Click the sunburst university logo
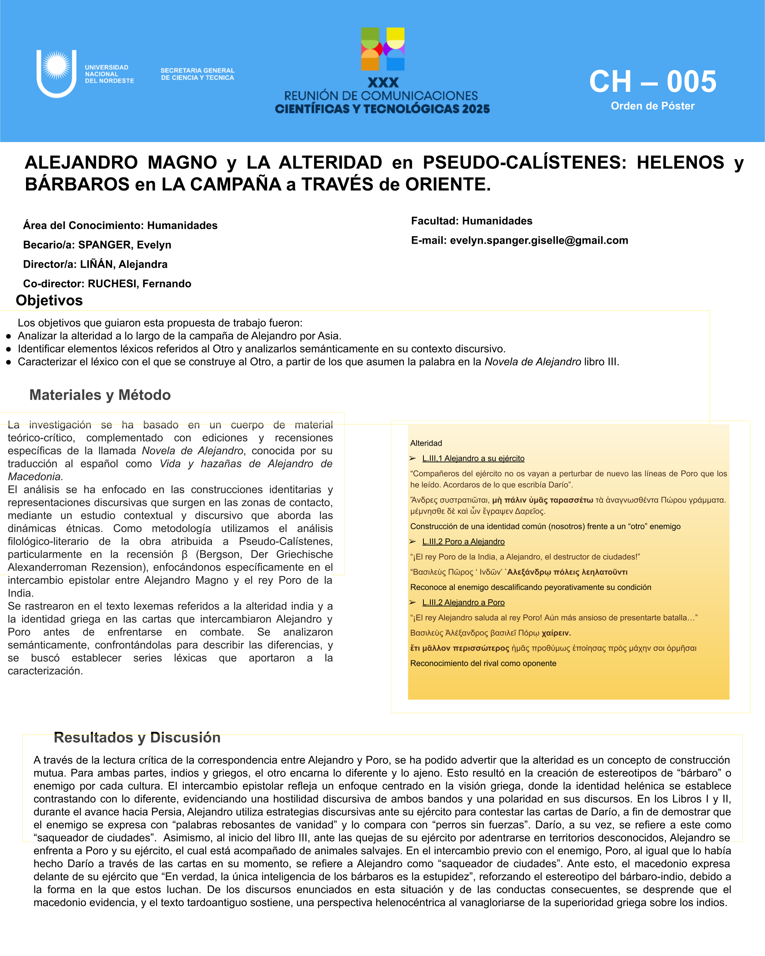pyautogui.click(x=56, y=67)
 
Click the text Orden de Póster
pyautogui.click(x=653, y=106)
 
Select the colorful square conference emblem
pyautogui.click(x=383, y=49)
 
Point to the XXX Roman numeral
pyautogui.click(x=383, y=83)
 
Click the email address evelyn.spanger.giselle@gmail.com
pyautogui.click(x=539, y=240)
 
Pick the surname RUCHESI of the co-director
pyautogui.click(x=112, y=284)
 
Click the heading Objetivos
pyautogui.click(x=49, y=301)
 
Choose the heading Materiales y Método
pyautogui.click(x=100, y=395)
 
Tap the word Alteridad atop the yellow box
pyautogui.click(x=426, y=443)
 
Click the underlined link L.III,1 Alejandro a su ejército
pyautogui.click(x=473, y=458)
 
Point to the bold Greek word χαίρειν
pyautogui.click(x=556, y=633)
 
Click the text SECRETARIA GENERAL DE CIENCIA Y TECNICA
pyautogui.click(x=197, y=74)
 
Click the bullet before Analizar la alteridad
pyautogui.click(x=8, y=337)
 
